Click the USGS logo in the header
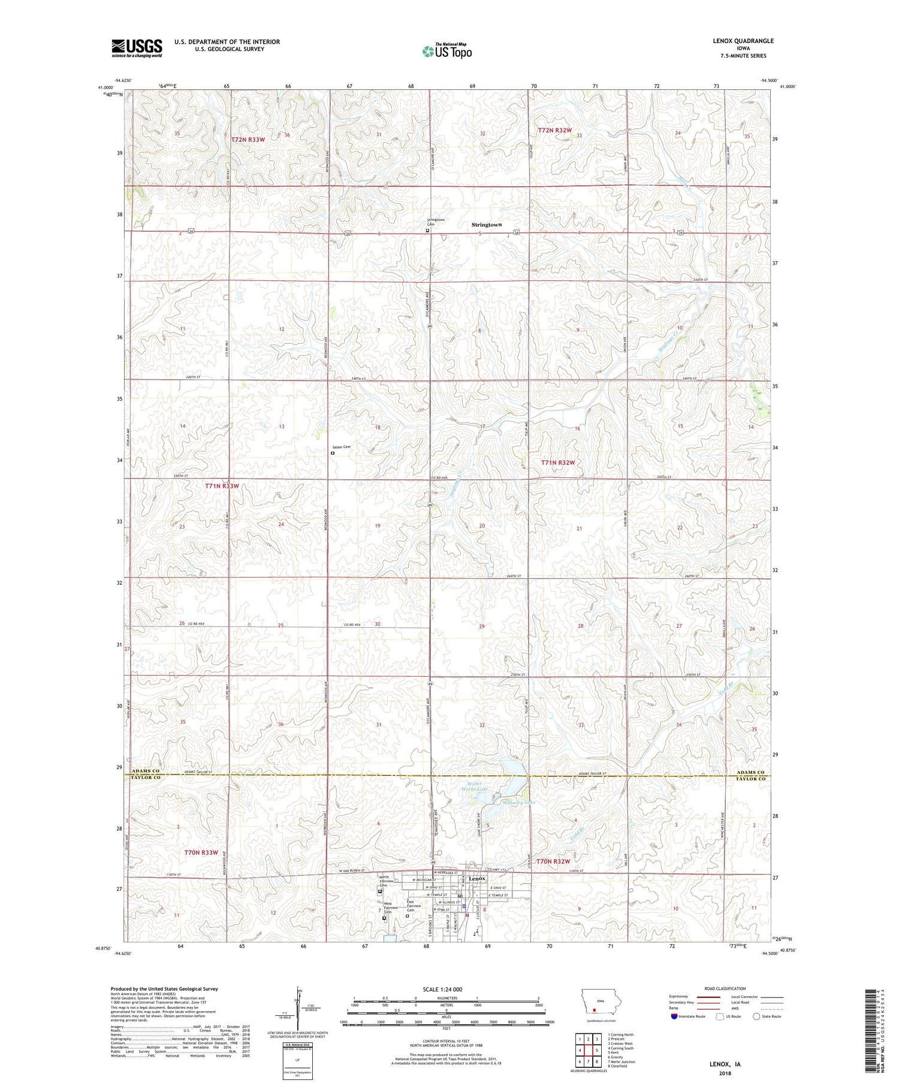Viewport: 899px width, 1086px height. [x=137, y=48]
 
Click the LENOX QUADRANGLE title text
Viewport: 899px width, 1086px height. [x=743, y=41]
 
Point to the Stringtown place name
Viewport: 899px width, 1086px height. [x=486, y=225]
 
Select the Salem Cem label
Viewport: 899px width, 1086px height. [x=341, y=447]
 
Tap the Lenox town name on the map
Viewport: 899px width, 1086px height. [x=477, y=879]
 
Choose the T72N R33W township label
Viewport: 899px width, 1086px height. [x=248, y=140]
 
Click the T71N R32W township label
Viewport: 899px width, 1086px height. [x=557, y=462]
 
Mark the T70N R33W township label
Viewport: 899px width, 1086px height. [x=201, y=852]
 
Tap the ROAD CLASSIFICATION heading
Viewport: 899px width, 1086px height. [x=725, y=988]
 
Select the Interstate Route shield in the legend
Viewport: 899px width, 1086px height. [x=674, y=1017]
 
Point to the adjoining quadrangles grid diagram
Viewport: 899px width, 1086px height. [x=588, y=1049]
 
